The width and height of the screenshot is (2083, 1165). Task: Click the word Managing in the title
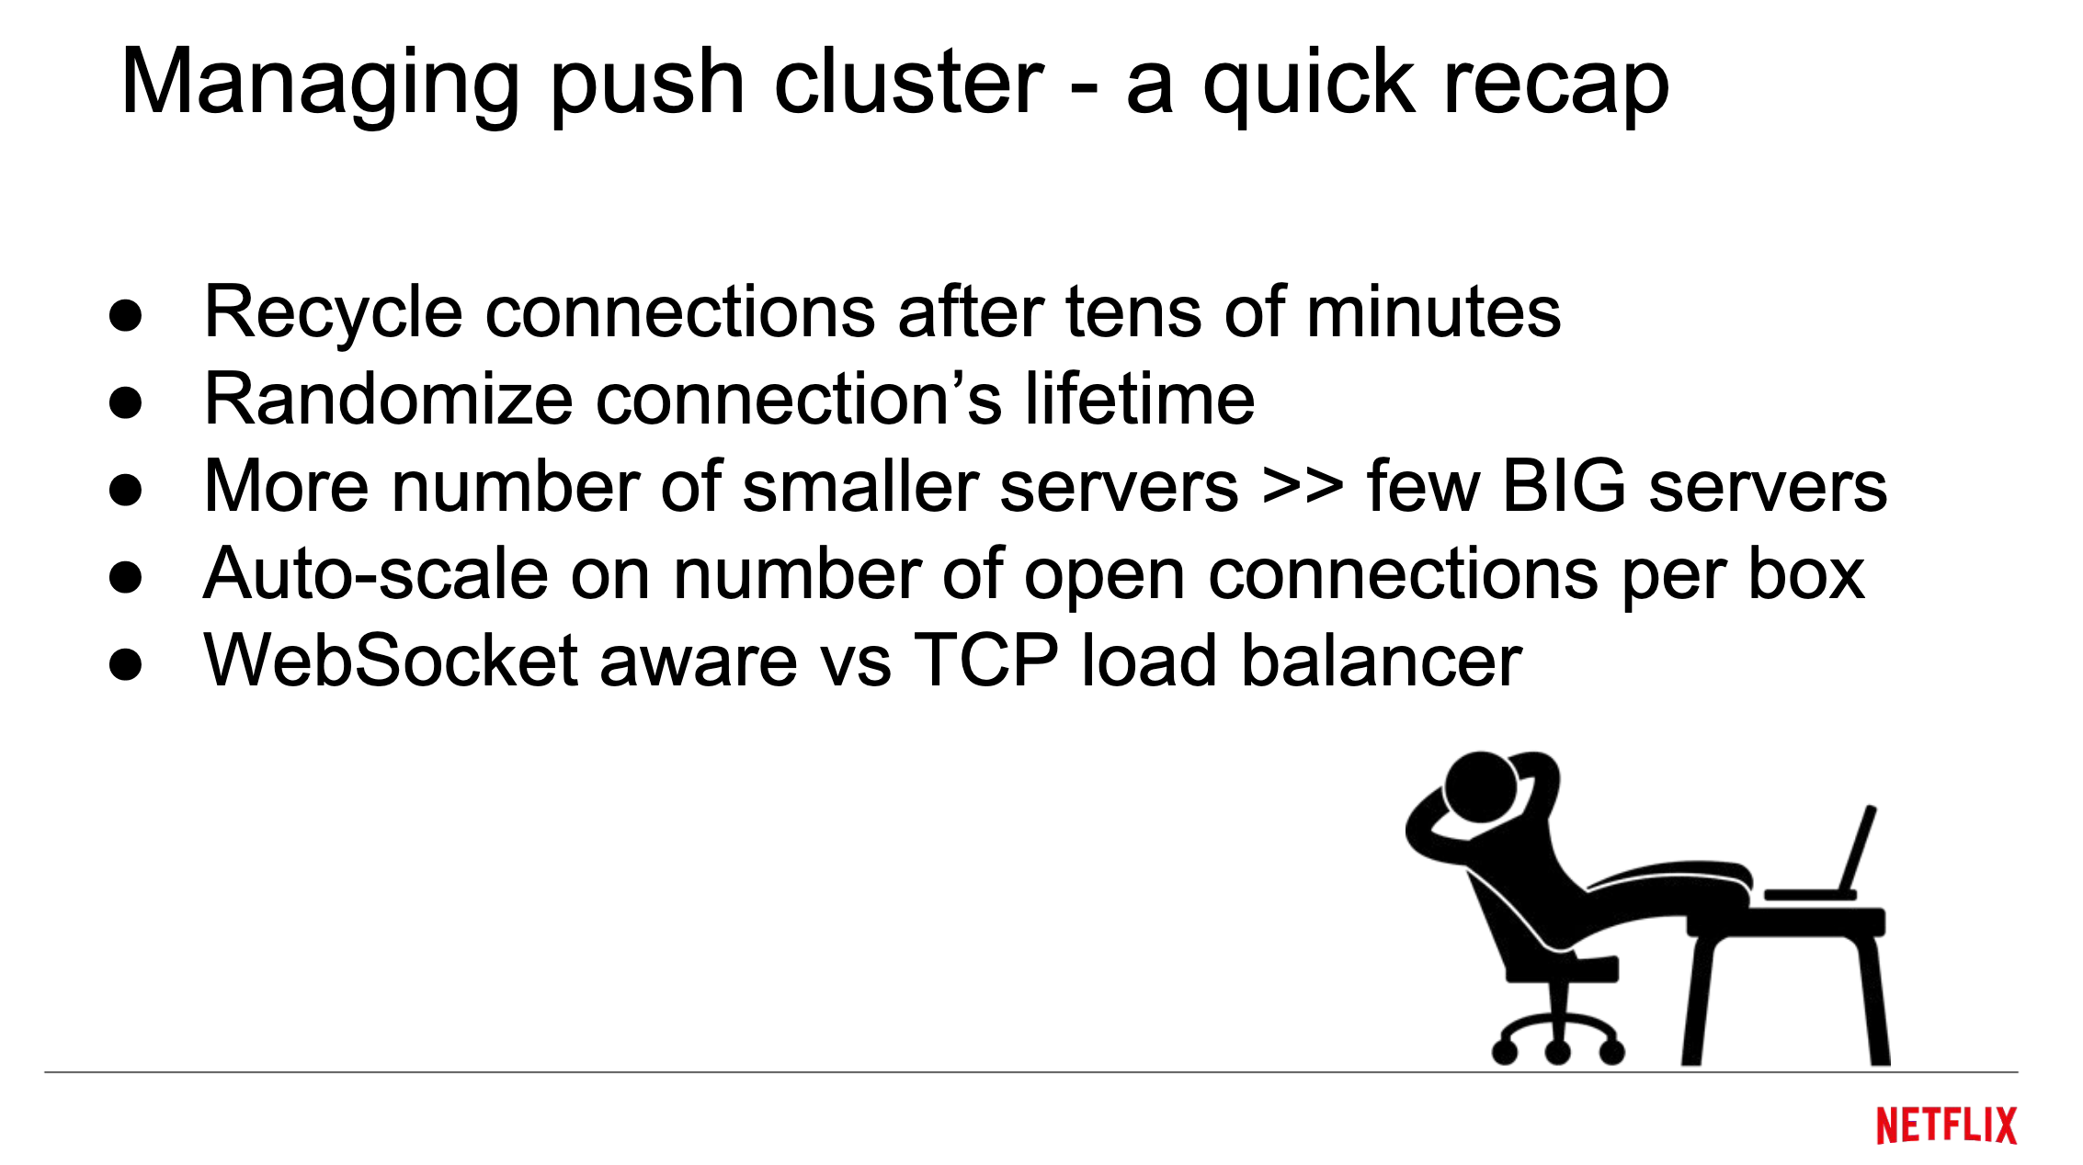click(x=319, y=85)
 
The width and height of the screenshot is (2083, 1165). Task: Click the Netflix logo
click(x=1946, y=1125)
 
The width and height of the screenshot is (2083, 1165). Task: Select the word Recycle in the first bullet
click(x=333, y=313)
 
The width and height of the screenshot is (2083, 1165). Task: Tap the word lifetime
click(x=1140, y=400)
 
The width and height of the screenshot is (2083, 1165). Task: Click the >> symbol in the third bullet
click(x=1303, y=487)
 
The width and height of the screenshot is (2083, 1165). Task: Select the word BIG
click(x=1564, y=487)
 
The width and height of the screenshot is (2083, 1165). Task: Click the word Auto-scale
click(x=376, y=574)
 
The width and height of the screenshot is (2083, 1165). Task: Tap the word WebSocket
click(x=391, y=661)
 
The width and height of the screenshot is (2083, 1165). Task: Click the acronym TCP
click(x=986, y=661)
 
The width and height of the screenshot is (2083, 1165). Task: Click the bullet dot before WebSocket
click(x=125, y=664)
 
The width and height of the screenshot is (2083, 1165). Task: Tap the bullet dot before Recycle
click(x=125, y=315)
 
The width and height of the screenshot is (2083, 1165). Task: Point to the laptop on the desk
click(x=1829, y=864)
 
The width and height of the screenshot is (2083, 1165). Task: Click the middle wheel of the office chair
click(x=1557, y=1050)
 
